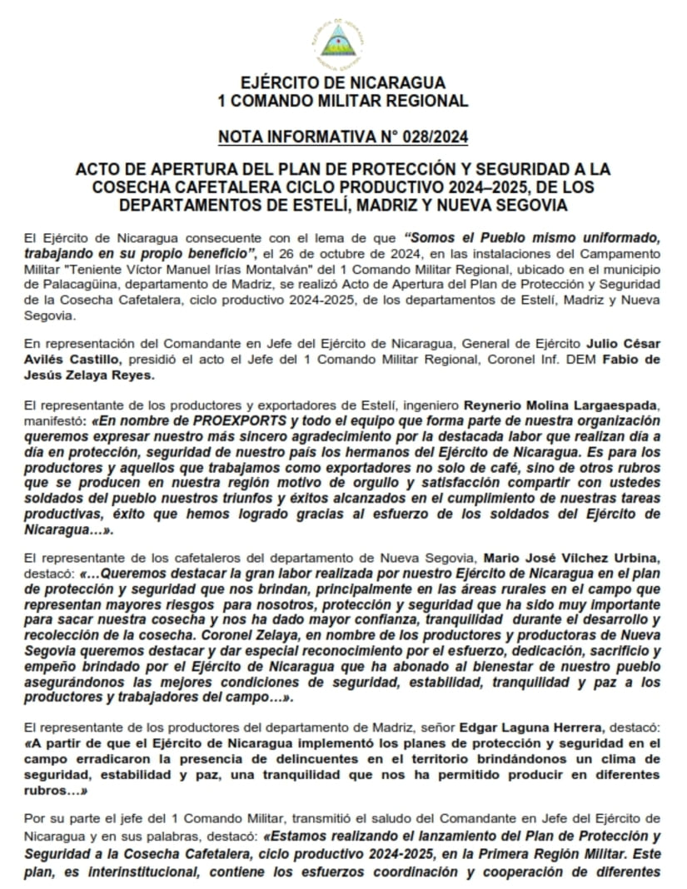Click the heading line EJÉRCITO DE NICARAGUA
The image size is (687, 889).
(342, 83)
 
